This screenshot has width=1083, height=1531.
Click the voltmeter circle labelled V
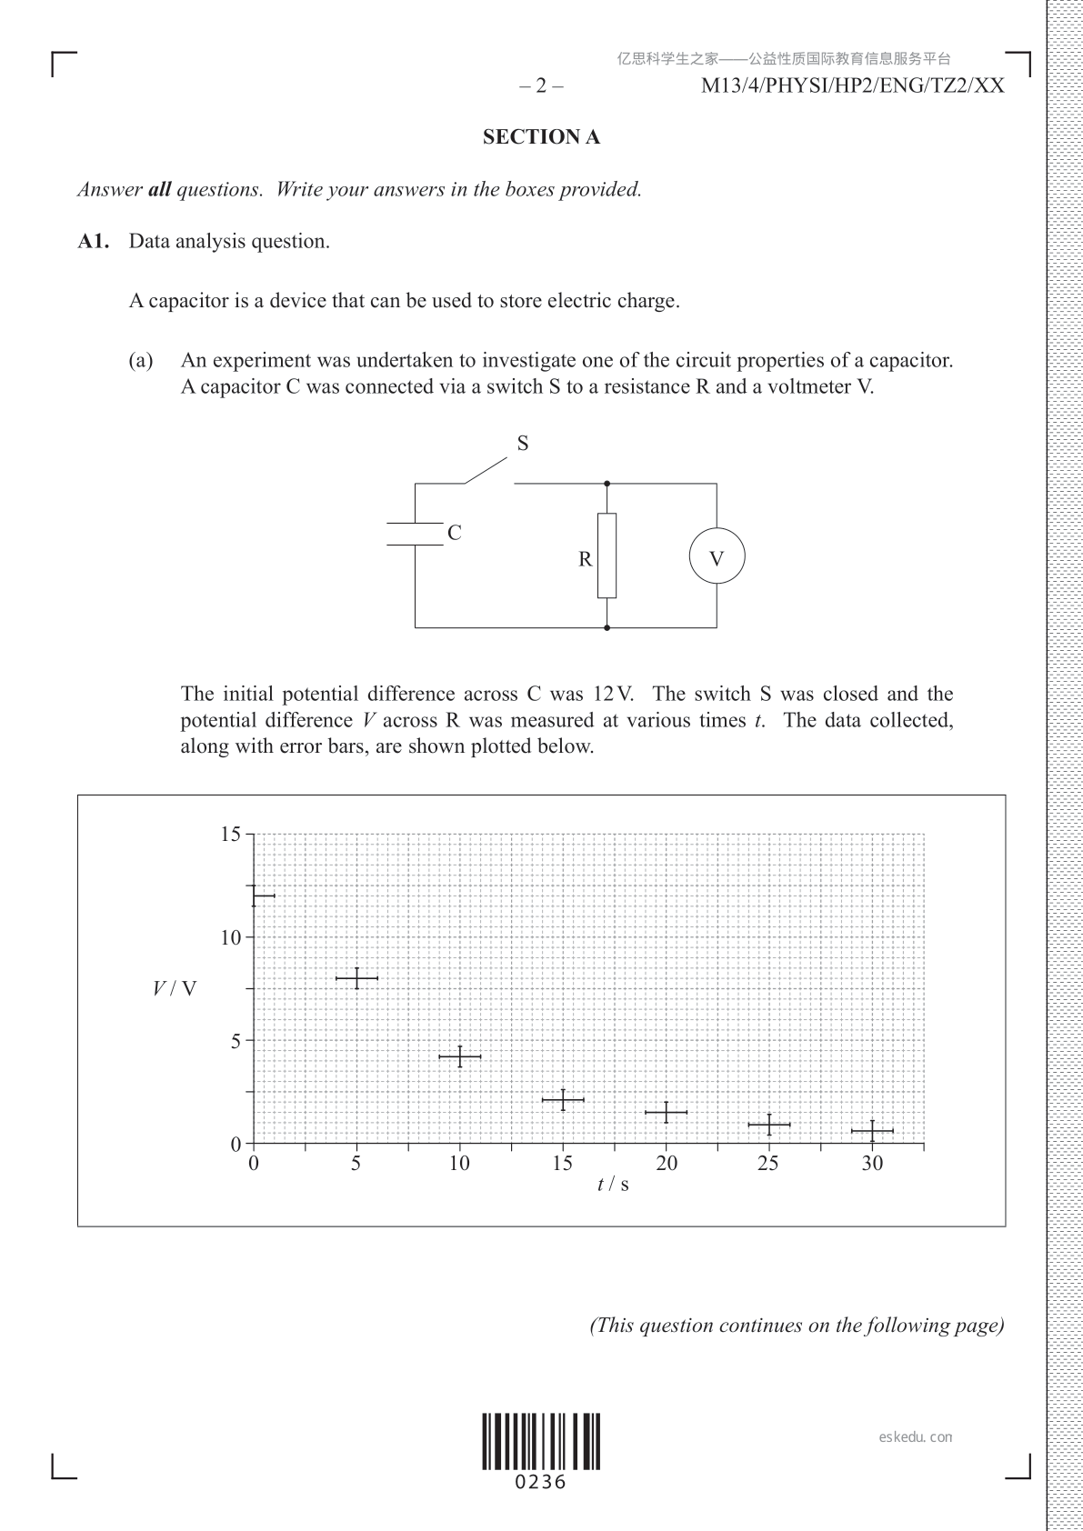[x=717, y=556]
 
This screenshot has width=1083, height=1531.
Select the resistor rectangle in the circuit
[x=607, y=555]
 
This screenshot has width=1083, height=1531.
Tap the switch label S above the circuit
[x=523, y=444]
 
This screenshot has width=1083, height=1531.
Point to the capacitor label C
[x=455, y=533]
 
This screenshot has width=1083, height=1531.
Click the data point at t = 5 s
[x=356, y=978]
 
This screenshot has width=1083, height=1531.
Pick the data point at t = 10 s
[x=460, y=1056]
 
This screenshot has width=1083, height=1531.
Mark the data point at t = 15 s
[x=563, y=1100]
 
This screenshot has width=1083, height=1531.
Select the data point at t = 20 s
[x=667, y=1112]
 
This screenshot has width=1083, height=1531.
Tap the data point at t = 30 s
[x=872, y=1131]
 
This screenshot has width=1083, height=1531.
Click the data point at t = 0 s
[x=254, y=896]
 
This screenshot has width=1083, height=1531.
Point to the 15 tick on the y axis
[x=231, y=834]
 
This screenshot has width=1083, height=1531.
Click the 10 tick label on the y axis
[x=231, y=937]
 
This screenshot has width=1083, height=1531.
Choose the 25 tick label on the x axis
[x=768, y=1164]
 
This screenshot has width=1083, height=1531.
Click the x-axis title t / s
[x=613, y=1185]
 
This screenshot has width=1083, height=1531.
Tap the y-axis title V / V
[x=174, y=988]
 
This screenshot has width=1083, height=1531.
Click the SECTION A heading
[x=541, y=137]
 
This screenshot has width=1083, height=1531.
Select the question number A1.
[x=94, y=242]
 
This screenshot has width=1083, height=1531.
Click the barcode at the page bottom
[x=541, y=1442]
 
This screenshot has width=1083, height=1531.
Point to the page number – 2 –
[x=541, y=86]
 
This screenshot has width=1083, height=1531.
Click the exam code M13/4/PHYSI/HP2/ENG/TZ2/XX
[x=853, y=86]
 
